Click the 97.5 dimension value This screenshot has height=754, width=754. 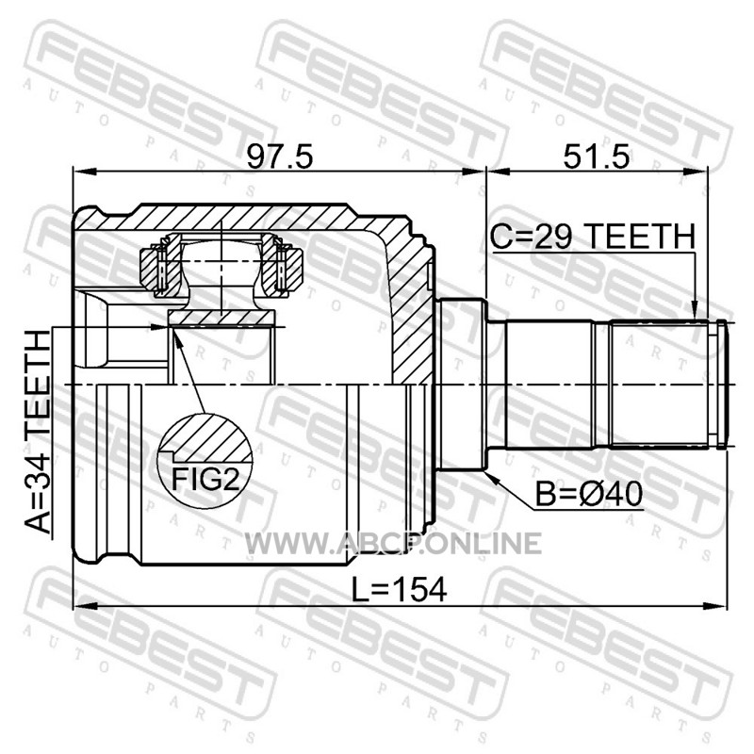[280, 156]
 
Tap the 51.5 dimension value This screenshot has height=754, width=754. [597, 156]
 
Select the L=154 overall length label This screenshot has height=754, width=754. [399, 590]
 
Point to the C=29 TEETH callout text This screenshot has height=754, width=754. [593, 237]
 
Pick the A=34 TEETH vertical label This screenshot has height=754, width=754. [38, 433]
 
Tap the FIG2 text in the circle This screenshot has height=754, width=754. [205, 480]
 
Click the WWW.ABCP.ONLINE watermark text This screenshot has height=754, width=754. [393, 544]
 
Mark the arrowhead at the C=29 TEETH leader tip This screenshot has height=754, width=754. [694, 310]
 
